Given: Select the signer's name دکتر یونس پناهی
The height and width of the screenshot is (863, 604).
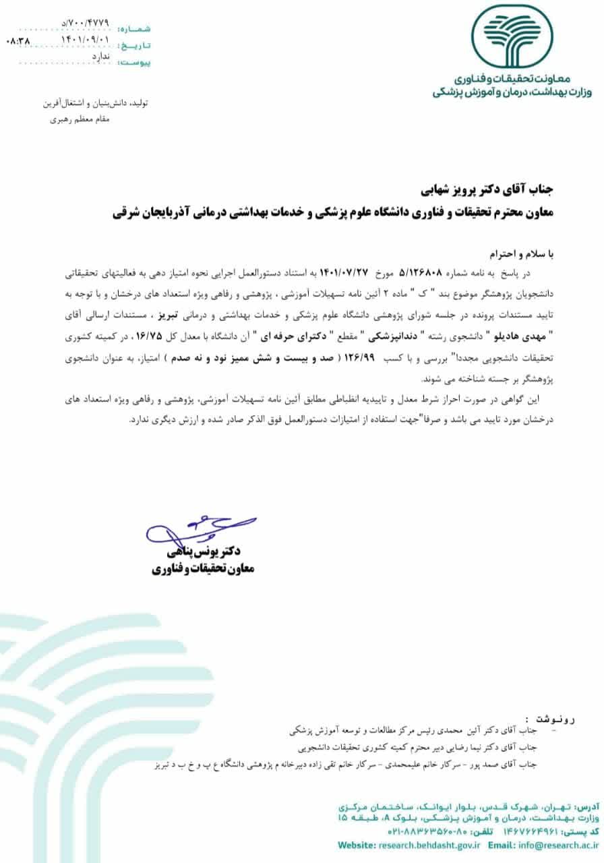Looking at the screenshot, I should pyautogui.click(x=209, y=550).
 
